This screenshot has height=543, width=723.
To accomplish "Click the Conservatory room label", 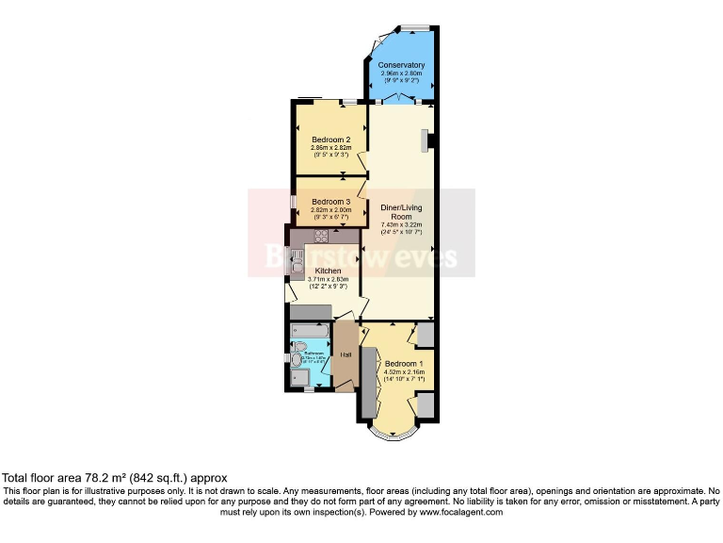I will tap(401, 65).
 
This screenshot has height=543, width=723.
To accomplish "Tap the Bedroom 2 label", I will tap(330, 140).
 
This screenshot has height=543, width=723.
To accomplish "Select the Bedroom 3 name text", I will tap(330, 202).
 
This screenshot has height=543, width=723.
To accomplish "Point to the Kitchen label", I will tap(328, 271).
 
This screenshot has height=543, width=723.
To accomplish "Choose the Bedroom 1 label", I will tap(404, 364).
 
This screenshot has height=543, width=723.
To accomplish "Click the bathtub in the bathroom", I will tap(308, 331).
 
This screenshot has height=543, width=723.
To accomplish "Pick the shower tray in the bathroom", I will tap(301, 378).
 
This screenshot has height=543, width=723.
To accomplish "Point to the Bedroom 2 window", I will tap(350, 101).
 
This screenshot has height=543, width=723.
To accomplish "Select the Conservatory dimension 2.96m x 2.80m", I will tap(401, 73).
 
